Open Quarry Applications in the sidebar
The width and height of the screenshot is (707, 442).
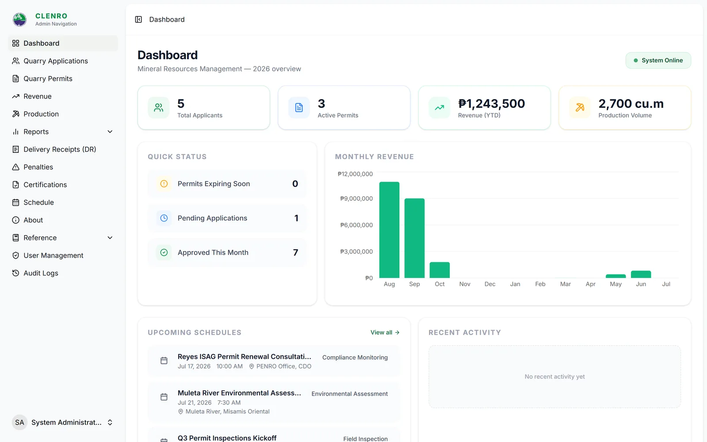(56, 61)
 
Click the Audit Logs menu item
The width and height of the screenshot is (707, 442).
(41, 273)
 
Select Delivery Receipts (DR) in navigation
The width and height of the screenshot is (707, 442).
(60, 149)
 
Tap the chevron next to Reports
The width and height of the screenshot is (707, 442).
(110, 132)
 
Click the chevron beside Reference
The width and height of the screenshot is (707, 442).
(110, 238)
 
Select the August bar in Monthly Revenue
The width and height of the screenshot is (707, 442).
(389, 230)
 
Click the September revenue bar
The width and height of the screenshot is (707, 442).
(414, 238)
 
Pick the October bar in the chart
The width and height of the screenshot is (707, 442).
(440, 270)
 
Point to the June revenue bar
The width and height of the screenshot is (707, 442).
(641, 274)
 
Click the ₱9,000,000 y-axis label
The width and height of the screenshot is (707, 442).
(356, 198)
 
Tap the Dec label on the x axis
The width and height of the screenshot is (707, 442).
(490, 284)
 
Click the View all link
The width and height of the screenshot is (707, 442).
(385, 332)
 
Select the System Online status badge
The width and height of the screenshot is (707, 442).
(658, 60)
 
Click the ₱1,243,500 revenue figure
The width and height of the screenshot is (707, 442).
(491, 103)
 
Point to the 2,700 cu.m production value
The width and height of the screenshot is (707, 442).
(631, 103)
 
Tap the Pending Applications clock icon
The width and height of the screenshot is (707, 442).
(164, 218)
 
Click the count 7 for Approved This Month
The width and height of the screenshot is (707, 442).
(296, 252)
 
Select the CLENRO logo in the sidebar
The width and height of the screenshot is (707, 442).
(19, 19)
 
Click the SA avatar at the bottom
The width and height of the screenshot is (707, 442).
(19, 423)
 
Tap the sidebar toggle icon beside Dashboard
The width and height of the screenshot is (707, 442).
(139, 19)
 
